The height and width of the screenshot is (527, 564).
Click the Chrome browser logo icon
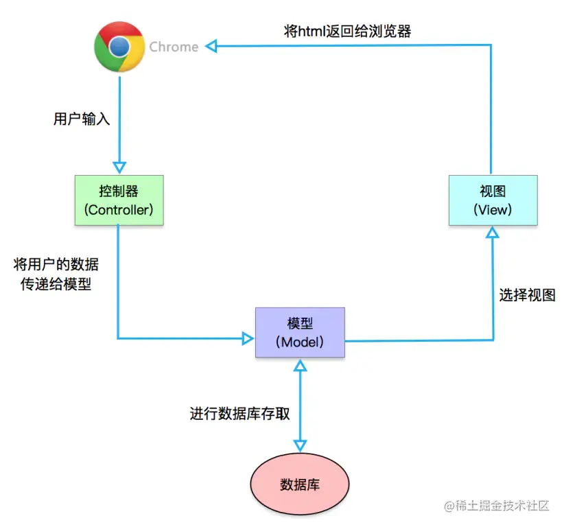(x=119, y=47)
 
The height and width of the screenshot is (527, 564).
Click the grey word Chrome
(x=174, y=47)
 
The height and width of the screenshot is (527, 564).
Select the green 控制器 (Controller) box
(x=119, y=200)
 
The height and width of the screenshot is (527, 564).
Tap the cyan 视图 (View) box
(x=493, y=200)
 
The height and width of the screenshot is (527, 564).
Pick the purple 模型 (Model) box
(x=300, y=332)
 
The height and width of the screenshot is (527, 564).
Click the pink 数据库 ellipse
(x=300, y=484)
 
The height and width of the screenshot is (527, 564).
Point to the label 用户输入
(x=82, y=119)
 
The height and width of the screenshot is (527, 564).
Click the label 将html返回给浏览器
(x=348, y=30)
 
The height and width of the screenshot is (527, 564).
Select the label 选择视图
(x=527, y=295)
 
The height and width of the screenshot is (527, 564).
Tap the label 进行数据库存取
(x=239, y=414)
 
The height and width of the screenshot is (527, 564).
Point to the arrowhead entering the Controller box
(x=119, y=167)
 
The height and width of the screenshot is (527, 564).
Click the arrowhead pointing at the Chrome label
(x=212, y=46)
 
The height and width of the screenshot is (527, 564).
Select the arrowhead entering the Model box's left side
(x=248, y=338)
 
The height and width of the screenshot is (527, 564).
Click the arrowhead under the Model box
(x=300, y=365)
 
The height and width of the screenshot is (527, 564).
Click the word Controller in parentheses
(x=119, y=210)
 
